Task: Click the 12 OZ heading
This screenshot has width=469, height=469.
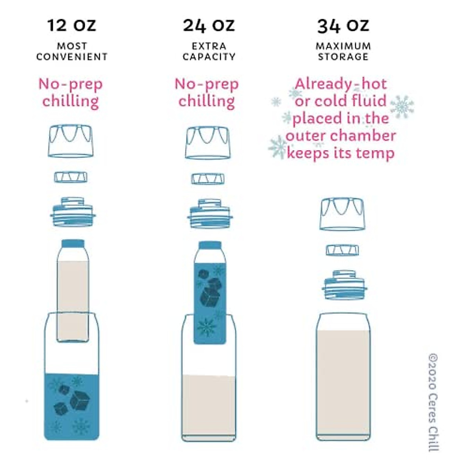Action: click(72, 26)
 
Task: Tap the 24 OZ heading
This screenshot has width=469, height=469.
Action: click(209, 26)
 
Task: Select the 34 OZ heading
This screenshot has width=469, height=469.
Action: click(343, 26)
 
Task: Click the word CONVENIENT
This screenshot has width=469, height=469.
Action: click(72, 57)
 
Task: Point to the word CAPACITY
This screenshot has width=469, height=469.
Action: click(209, 57)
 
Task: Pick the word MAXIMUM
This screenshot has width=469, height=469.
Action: click(343, 46)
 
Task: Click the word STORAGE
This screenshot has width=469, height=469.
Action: click(343, 57)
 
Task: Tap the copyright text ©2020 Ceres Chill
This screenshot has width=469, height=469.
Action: click(433, 403)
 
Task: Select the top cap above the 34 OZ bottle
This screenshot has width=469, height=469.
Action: click(342, 214)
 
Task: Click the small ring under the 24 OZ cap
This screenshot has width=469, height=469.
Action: click(208, 179)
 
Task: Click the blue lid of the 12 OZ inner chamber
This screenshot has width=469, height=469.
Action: click(73, 243)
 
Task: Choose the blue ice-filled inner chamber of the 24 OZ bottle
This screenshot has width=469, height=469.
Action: click(210, 301)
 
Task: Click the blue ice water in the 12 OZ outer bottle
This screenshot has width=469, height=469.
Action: click(72, 406)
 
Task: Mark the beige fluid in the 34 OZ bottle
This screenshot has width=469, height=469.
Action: click(343, 383)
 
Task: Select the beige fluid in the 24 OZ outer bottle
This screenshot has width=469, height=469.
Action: click(209, 406)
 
